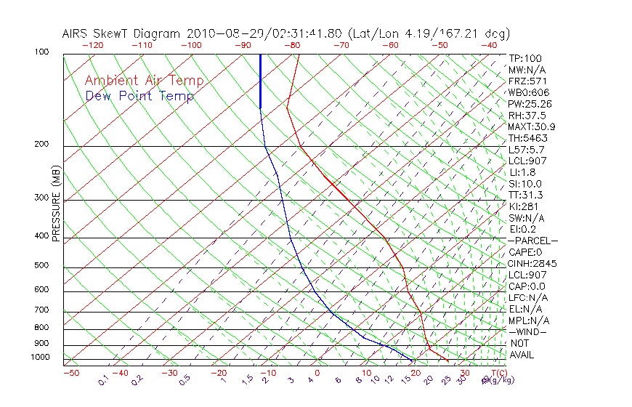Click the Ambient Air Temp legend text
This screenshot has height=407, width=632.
point(145,81)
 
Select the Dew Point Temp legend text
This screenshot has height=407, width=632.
point(139,96)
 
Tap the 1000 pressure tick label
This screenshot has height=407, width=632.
point(41,358)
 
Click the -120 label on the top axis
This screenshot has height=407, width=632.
point(92,45)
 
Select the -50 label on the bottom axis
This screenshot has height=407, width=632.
point(70,373)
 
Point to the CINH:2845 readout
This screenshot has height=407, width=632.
point(532,263)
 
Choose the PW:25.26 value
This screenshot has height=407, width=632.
point(530,104)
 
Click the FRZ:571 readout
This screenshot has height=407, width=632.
point(527,81)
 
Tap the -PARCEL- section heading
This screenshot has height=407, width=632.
point(532,241)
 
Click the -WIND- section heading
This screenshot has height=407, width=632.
point(528,331)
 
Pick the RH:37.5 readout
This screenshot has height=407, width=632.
point(527,115)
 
